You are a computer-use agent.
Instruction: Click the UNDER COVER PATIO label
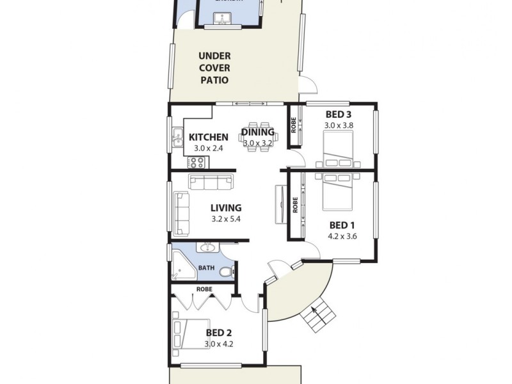[214, 68]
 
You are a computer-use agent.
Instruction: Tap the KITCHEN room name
[209, 137]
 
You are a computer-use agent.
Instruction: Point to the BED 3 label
[339, 115]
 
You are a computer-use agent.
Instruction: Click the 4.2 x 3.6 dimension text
[342, 236]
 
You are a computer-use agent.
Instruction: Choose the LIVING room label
[227, 207]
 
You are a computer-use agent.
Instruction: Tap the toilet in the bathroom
[225, 272]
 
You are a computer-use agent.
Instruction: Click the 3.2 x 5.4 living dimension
[226, 219]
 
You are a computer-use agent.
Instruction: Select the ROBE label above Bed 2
[204, 289]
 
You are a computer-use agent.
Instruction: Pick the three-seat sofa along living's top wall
[211, 184]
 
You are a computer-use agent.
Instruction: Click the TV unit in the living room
[280, 204]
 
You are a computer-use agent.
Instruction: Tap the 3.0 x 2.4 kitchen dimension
[208, 148]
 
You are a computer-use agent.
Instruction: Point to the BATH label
[206, 268]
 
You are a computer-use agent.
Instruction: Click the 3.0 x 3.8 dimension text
[339, 125]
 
